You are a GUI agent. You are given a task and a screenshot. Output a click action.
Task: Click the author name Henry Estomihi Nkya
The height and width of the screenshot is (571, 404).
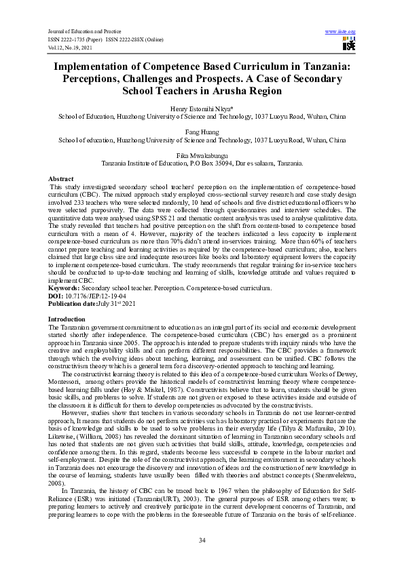point(201,109)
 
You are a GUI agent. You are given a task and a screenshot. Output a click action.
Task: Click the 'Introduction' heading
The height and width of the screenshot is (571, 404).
point(67,318)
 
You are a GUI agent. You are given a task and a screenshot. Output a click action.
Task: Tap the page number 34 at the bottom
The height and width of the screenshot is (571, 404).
point(202,540)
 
